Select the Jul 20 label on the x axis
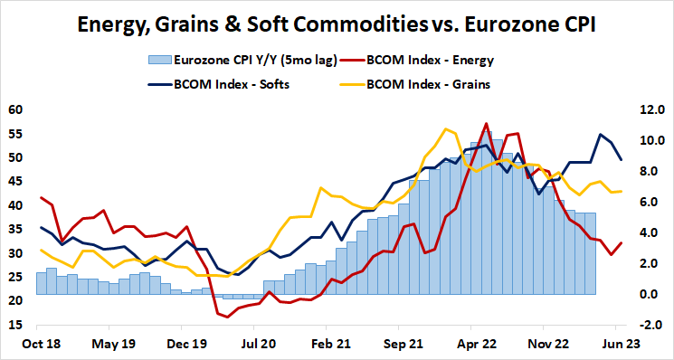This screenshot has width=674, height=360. [257, 345]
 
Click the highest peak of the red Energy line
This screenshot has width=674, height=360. [487, 124]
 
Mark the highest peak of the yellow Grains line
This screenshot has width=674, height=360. [444, 128]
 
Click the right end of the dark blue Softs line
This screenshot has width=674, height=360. [621, 160]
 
